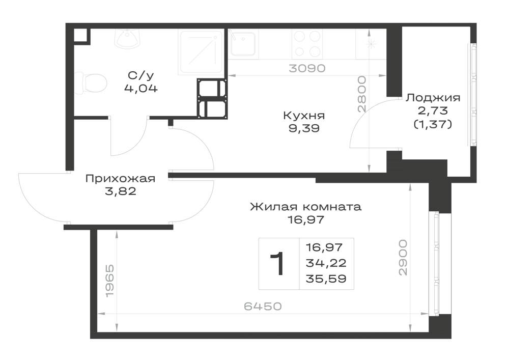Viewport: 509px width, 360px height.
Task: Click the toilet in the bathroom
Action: coord(91,84)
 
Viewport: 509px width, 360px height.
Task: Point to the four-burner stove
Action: coord(307,44)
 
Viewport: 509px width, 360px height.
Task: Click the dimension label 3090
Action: coord(307,69)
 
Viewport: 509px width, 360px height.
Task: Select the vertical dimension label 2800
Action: coord(361,94)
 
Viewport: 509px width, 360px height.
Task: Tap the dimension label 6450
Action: coord(263,306)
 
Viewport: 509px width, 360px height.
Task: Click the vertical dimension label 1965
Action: coord(110,280)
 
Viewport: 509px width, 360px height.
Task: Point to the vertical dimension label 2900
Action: coord(403,258)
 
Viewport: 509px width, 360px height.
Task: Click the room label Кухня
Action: coord(304,116)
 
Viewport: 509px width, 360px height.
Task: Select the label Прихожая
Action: coord(121,179)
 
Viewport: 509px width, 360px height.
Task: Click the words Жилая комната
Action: coord(305,207)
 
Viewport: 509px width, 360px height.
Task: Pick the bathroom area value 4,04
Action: coord(141,88)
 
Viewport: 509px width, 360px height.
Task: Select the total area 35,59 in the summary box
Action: coord(326,279)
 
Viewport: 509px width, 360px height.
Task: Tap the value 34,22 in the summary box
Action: coord(326,263)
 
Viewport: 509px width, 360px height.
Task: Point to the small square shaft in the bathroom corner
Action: coord(80,35)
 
